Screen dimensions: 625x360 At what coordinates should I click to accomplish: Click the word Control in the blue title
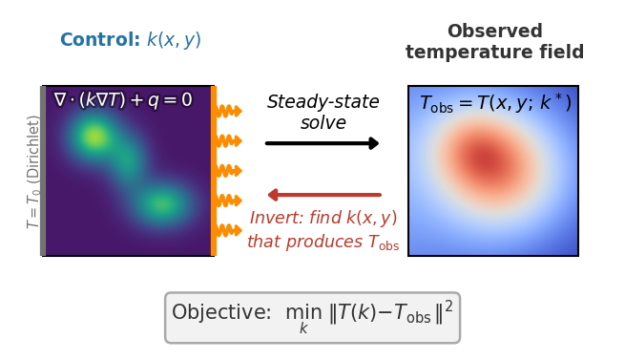tap(100, 39)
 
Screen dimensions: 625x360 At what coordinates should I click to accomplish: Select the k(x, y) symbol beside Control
tap(174, 40)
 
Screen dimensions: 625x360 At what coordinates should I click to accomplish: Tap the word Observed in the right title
tap(494, 32)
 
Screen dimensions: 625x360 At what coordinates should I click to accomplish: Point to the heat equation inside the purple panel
tap(123, 99)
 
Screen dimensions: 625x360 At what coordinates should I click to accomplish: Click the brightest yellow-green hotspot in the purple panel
tap(94, 137)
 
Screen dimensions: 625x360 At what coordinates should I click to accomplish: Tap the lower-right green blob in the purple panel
tap(161, 204)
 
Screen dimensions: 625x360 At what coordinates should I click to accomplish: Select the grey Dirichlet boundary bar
tap(43, 171)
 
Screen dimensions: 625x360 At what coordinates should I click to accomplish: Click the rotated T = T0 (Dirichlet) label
tap(32, 172)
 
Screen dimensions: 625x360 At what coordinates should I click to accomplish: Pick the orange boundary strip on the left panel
tap(214, 171)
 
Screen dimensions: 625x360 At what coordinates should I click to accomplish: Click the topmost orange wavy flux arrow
tap(229, 111)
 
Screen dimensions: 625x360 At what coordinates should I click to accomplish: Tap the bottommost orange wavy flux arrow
tap(229, 230)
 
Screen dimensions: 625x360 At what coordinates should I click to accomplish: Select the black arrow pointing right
tap(323, 143)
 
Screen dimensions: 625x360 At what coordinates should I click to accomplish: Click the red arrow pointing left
tap(324, 195)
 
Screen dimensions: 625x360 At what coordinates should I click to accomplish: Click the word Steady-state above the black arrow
tap(323, 102)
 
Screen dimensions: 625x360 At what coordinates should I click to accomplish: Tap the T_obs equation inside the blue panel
tap(496, 103)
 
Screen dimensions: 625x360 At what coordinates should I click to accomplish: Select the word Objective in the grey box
tap(221, 311)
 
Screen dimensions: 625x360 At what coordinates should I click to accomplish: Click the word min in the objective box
tap(303, 312)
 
